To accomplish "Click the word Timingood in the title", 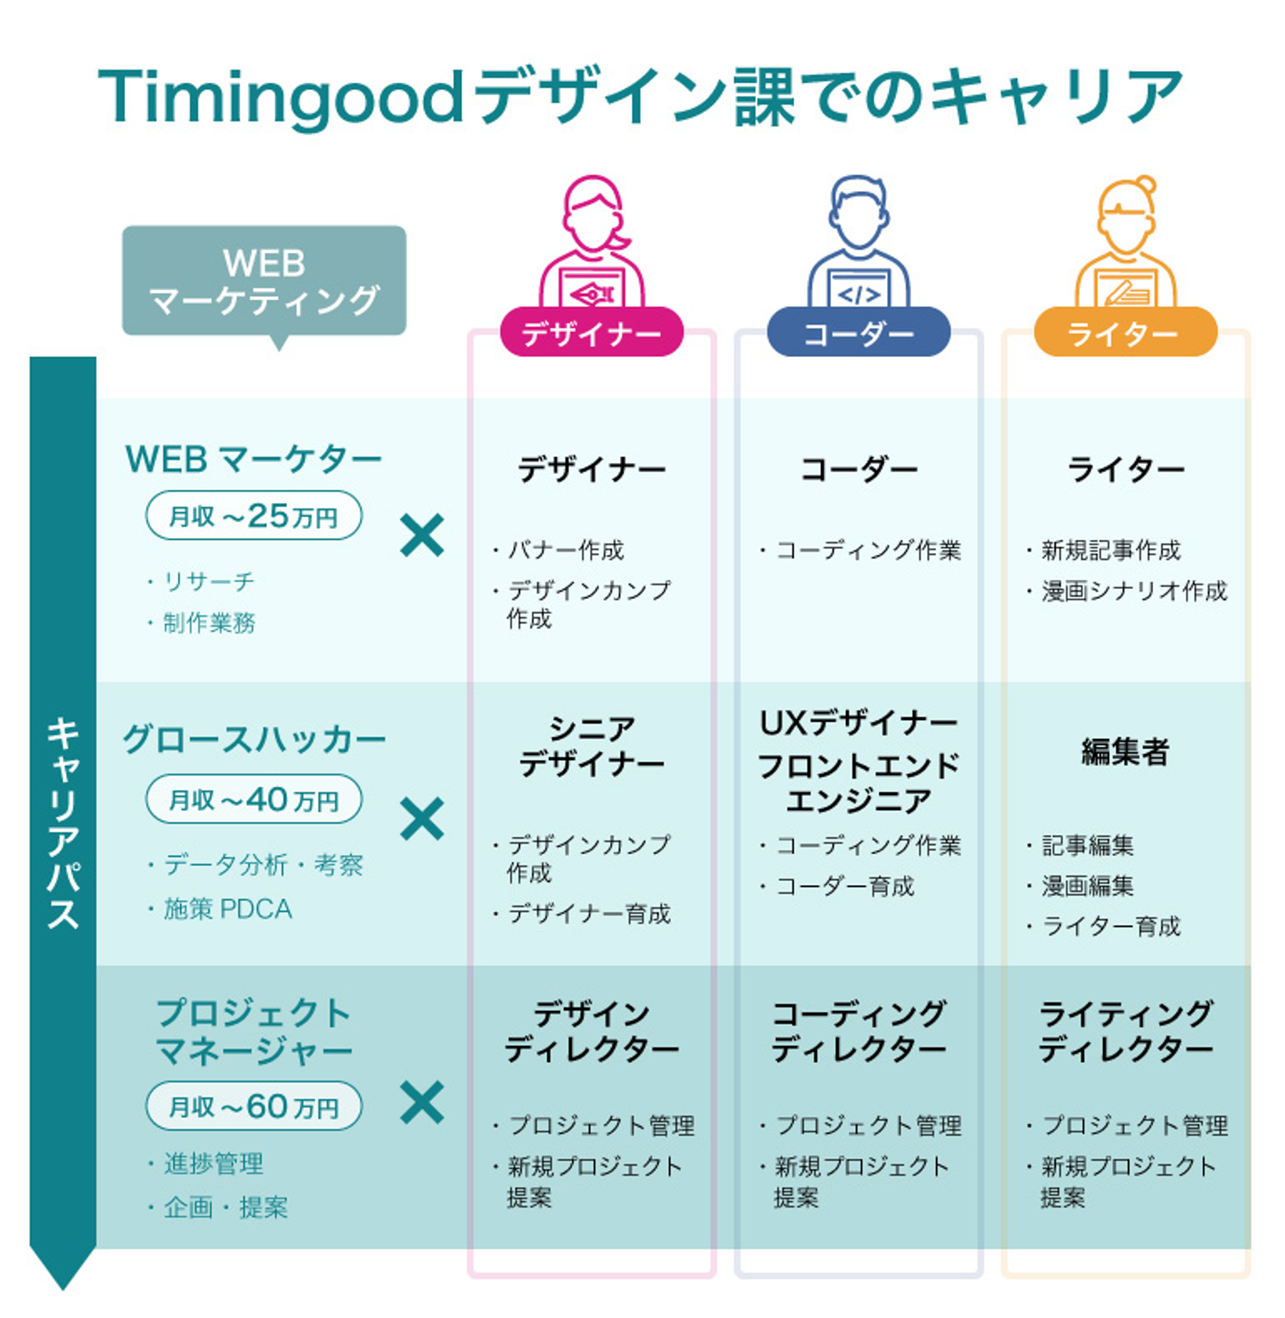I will point(280,96).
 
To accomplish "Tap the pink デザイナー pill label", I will point(591,333).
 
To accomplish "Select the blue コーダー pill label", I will point(858,333).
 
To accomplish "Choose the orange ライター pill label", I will point(1124,333).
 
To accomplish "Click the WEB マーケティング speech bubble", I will point(264,281).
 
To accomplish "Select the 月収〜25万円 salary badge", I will point(253,516).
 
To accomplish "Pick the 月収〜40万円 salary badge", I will point(253,800).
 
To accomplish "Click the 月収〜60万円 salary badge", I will point(253,1107).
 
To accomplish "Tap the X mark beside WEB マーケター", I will point(422,535).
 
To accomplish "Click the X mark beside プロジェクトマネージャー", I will point(422,1103).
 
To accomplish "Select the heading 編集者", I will point(1124,752).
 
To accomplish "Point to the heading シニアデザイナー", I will point(591,747).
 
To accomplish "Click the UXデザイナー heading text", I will point(858,723).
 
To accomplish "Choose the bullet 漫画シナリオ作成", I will point(1133,591).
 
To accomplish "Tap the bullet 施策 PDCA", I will point(228,909).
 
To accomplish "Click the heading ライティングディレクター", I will point(1125,1031).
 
